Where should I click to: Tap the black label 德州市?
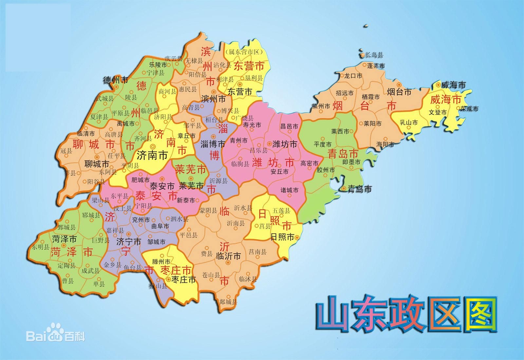[116, 80]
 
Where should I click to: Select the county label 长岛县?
[374, 55]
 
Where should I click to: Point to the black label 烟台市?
[399, 92]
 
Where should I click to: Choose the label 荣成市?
[469, 109]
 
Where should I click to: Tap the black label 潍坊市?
[285, 144]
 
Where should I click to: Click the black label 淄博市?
[213, 144]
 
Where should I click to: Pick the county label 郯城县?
[228, 302]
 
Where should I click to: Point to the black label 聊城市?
[97, 163]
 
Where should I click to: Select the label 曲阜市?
[160, 226]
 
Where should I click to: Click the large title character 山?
[334, 315]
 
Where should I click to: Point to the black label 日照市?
[282, 237]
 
